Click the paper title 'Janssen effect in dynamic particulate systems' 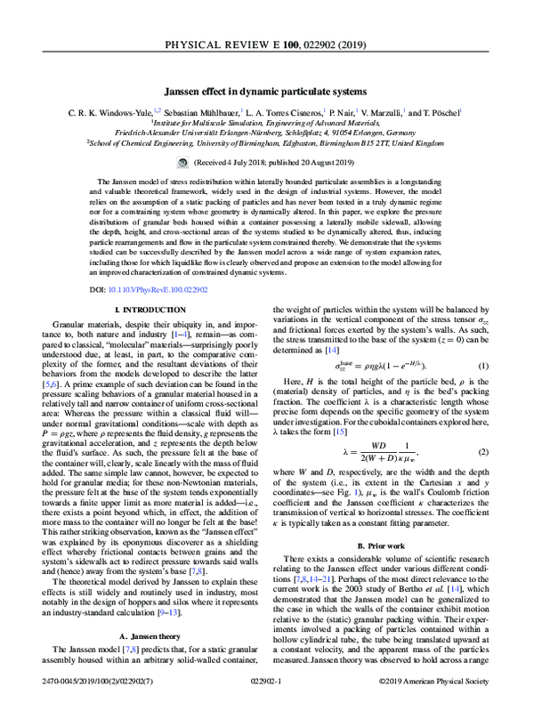[266, 91]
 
